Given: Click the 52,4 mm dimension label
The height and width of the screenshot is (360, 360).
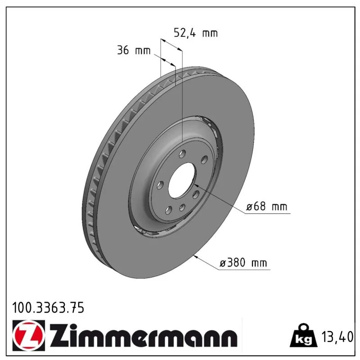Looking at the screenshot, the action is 195,33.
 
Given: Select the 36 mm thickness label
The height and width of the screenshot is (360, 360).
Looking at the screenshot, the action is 134,50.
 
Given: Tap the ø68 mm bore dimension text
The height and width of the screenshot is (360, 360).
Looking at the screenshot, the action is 266,207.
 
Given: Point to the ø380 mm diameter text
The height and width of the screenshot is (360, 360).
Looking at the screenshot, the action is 243,263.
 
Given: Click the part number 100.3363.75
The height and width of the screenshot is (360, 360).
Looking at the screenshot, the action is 48,308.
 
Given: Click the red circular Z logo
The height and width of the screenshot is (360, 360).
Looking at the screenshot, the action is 28,336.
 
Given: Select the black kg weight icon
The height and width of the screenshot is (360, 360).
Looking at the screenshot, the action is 304,336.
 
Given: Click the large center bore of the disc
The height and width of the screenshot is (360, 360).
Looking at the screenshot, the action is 182,180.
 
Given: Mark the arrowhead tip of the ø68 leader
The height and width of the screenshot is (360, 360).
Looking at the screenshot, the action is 194,184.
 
